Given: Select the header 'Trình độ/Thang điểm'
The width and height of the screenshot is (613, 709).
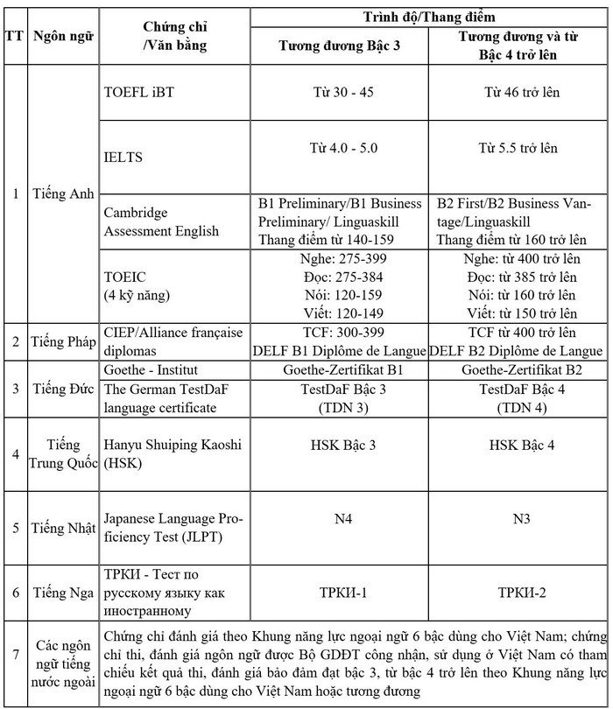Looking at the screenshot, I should [x=429, y=16].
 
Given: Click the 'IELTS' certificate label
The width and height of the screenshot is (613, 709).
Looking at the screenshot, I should [x=123, y=158].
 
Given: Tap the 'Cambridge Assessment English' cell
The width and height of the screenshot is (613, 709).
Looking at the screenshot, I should [x=149, y=222].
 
